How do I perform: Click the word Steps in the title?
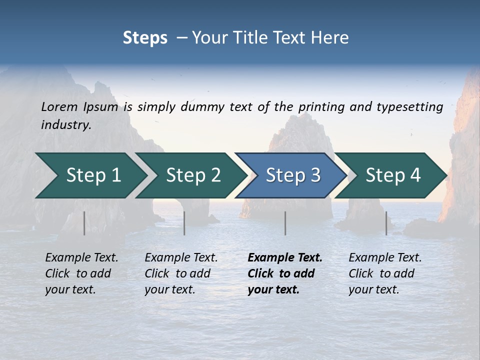[x=145, y=38]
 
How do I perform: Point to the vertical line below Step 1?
[x=84, y=223]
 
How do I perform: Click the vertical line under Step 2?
[x=184, y=223]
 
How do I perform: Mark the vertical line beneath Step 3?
[x=285, y=223]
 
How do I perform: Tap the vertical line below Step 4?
[x=386, y=223]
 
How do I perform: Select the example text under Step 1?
[x=81, y=273]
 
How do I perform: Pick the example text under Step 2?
[x=181, y=273]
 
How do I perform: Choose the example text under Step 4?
[x=384, y=273]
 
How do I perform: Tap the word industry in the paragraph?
[x=65, y=125]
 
